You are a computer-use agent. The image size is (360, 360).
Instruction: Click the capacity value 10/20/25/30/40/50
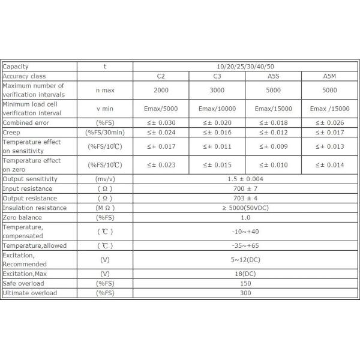[x=245, y=67]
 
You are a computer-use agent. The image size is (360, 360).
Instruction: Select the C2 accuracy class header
[x=160, y=76]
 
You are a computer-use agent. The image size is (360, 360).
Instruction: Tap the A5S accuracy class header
[x=273, y=76]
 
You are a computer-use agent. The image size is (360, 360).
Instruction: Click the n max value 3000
[x=217, y=89]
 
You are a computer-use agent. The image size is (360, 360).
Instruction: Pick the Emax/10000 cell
[x=217, y=109]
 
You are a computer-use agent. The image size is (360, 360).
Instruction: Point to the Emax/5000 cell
[x=160, y=109]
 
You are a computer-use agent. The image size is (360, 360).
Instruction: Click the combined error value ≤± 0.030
[x=160, y=122]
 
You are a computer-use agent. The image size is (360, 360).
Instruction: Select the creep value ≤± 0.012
[x=273, y=132]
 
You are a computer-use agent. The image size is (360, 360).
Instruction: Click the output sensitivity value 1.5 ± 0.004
[x=245, y=179]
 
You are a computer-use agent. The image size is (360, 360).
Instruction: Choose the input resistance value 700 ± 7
[x=245, y=188]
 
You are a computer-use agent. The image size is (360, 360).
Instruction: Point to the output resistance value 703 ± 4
[x=245, y=198]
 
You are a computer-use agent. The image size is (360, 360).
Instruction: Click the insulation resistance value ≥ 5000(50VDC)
[x=245, y=208]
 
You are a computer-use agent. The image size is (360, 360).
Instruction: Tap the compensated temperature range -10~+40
[x=245, y=231]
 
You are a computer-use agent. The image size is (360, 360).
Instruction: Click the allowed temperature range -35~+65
[x=245, y=245]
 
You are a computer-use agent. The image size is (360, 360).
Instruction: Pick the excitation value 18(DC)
[x=245, y=274]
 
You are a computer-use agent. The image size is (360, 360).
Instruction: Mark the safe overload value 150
[x=245, y=283]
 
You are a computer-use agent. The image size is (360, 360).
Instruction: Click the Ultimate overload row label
[x=30, y=293]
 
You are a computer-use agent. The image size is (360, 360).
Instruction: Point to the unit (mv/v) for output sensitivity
[x=104, y=179]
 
